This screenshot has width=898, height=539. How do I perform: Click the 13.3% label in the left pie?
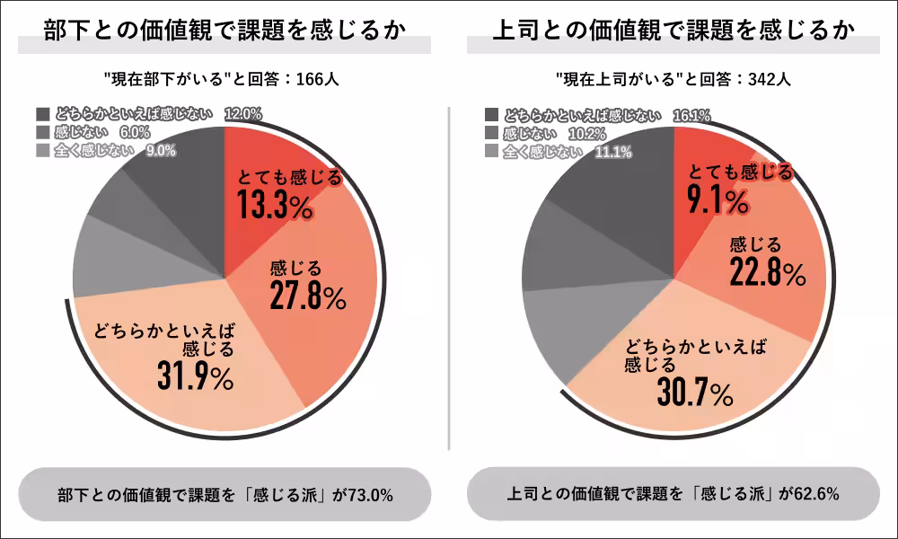(275, 206)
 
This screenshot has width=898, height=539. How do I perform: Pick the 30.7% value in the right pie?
(695, 393)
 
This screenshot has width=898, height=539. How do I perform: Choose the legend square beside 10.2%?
(491, 134)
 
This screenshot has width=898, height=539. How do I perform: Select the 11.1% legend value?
(613, 152)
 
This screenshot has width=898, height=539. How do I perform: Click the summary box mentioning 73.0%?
(224, 494)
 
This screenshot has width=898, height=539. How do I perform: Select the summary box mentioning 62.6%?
(673, 494)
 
